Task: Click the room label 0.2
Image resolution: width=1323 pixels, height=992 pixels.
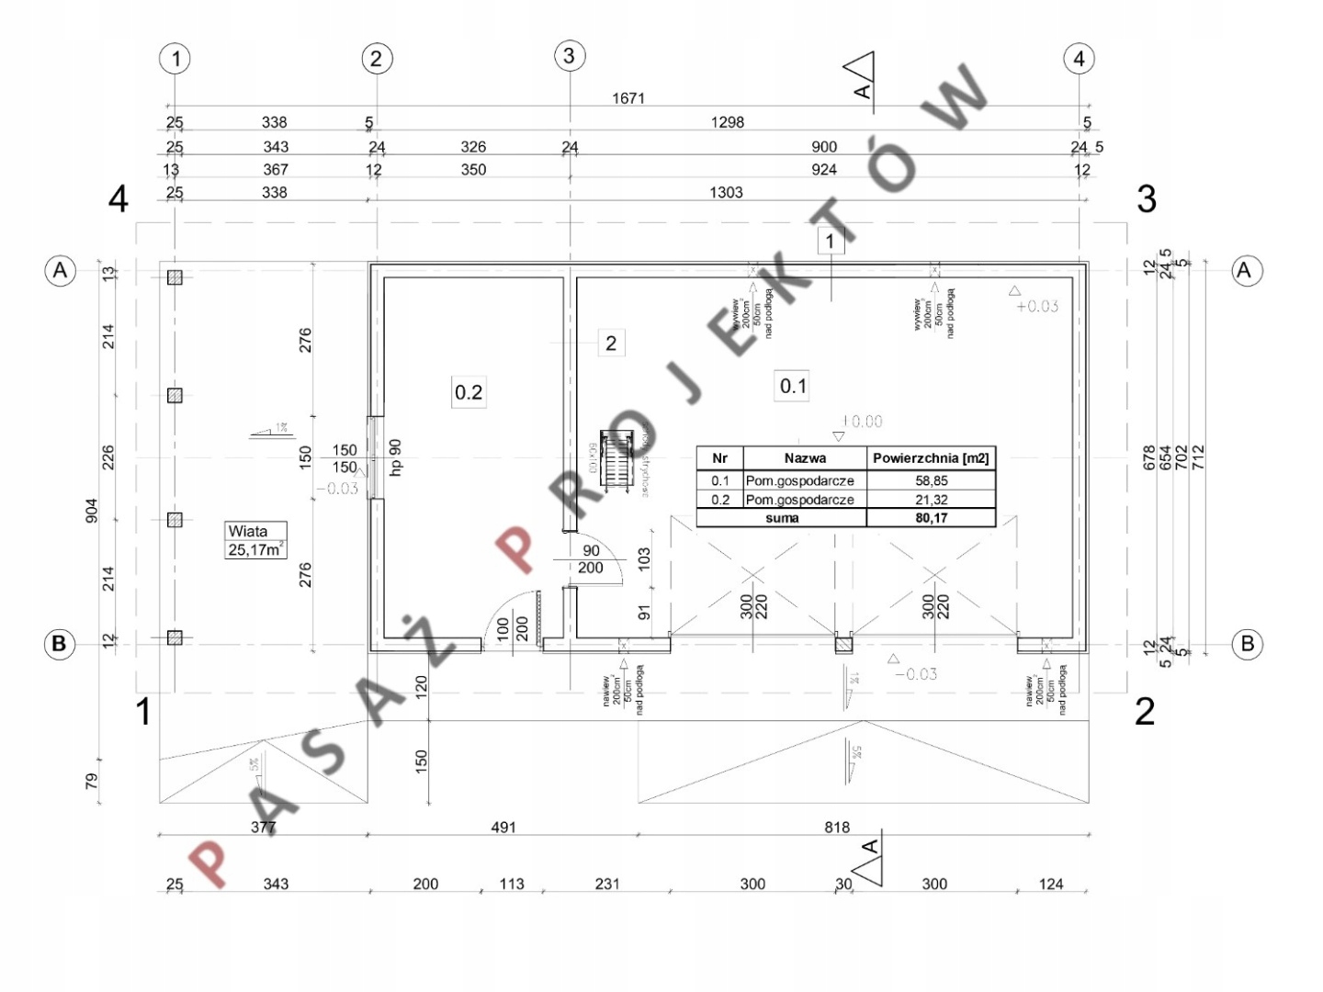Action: (469, 392)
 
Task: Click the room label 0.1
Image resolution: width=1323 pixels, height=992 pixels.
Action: (793, 387)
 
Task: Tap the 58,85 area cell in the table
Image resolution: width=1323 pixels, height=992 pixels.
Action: (931, 480)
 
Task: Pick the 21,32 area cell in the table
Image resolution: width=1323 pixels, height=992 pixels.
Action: (931, 500)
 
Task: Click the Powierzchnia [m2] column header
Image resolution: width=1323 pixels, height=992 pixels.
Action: (931, 457)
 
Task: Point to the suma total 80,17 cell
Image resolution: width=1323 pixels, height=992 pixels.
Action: (931, 518)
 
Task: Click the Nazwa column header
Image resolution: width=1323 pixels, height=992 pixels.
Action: (805, 457)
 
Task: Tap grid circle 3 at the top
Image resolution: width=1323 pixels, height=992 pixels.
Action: (569, 56)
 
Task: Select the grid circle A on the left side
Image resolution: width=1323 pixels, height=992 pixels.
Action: (61, 271)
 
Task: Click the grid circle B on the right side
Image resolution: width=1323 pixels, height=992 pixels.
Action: (1247, 644)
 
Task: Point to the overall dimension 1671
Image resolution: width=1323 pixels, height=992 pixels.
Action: (628, 98)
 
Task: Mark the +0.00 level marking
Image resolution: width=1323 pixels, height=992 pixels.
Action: (861, 422)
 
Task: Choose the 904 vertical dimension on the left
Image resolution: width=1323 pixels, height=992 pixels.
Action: (91, 512)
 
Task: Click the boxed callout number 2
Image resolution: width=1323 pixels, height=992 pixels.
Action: (611, 344)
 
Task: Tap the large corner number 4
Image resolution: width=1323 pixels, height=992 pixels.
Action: (119, 199)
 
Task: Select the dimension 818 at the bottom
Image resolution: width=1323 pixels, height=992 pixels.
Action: (837, 828)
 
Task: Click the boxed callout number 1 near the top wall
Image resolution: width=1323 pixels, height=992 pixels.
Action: (830, 241)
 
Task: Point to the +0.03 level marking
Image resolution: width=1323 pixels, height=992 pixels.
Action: (1037, 307)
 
